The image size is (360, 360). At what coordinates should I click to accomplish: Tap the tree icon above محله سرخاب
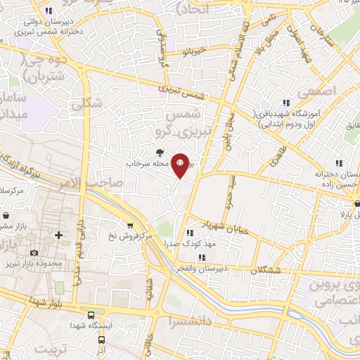[160, 152]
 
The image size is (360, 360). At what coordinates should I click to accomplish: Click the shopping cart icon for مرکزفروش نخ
[130, 225]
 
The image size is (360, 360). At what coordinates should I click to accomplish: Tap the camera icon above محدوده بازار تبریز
[34, 252]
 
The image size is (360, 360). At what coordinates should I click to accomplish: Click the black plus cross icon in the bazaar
[58, 234]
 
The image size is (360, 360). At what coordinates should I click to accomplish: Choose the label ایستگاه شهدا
[89, 326]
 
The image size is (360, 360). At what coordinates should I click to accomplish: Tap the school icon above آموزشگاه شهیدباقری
[285, 103]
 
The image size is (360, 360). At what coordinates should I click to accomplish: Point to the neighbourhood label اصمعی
[317, 91]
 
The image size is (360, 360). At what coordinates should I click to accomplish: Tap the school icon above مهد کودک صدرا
[189, 233]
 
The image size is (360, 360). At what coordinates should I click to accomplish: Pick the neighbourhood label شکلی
[86, 103]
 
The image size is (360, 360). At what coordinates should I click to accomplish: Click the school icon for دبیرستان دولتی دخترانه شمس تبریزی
[49, 11]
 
